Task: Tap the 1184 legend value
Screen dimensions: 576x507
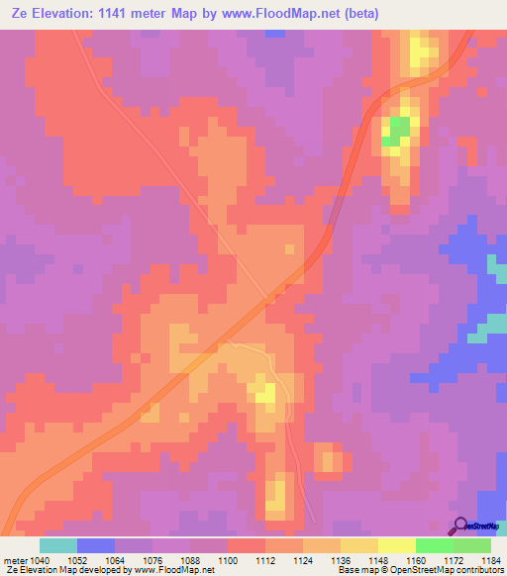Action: (x=490, y=559)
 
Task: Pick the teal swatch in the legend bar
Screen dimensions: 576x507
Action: (x=58, y=545)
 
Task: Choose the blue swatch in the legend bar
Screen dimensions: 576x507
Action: (x=96, y=545)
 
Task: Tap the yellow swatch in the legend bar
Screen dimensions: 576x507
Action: (x=396, y=545)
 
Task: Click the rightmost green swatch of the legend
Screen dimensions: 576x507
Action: (x=472, y=545)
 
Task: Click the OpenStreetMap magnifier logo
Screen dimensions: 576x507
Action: (x=460, y=526)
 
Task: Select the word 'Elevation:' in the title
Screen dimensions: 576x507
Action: (x=63, y=13)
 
